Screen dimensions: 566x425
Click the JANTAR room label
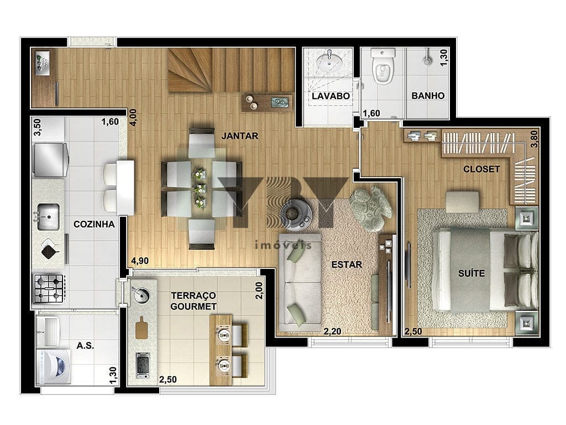click(240, 136)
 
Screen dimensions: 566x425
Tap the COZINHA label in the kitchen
click(94, 224)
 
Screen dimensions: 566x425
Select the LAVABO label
click(331, 96)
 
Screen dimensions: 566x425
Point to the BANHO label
click(428, 96)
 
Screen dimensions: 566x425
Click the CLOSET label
click(481, 169)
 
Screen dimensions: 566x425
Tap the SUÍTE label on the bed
click(471, 273)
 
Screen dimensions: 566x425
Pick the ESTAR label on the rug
click(347, 265)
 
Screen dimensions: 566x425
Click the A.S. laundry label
click(85, 345)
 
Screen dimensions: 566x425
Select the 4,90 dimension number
click(140, 261)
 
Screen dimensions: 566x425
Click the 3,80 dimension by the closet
click(534, 139)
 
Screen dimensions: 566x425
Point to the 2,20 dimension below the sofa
click(332, 331)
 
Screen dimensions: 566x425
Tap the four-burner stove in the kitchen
click(49, 289)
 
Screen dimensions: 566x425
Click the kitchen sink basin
click(49, 217)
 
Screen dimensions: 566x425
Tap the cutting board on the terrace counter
click(142, 328)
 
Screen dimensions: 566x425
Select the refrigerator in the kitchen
click(50, 160)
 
